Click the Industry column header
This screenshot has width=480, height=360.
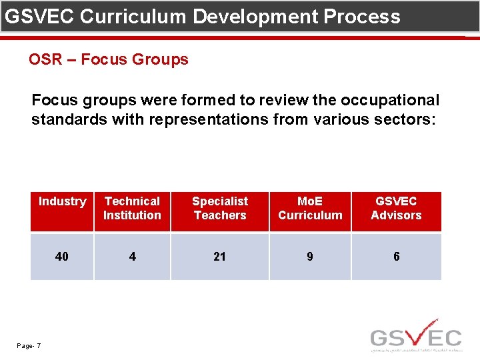62,201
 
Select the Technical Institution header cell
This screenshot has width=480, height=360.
132,208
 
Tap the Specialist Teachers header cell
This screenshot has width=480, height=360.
219,208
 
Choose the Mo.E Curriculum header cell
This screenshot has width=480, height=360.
310,208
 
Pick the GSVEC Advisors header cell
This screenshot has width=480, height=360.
396,208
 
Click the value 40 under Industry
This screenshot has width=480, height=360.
62,257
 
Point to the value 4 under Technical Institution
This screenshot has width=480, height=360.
132,257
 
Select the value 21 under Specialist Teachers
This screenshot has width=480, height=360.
219,257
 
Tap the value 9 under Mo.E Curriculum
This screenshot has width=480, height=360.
310,257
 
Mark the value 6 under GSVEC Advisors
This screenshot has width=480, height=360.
396,257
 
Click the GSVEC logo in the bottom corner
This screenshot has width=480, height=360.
416,335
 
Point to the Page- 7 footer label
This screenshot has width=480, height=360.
29,345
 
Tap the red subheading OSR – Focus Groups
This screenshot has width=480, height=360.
109,59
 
